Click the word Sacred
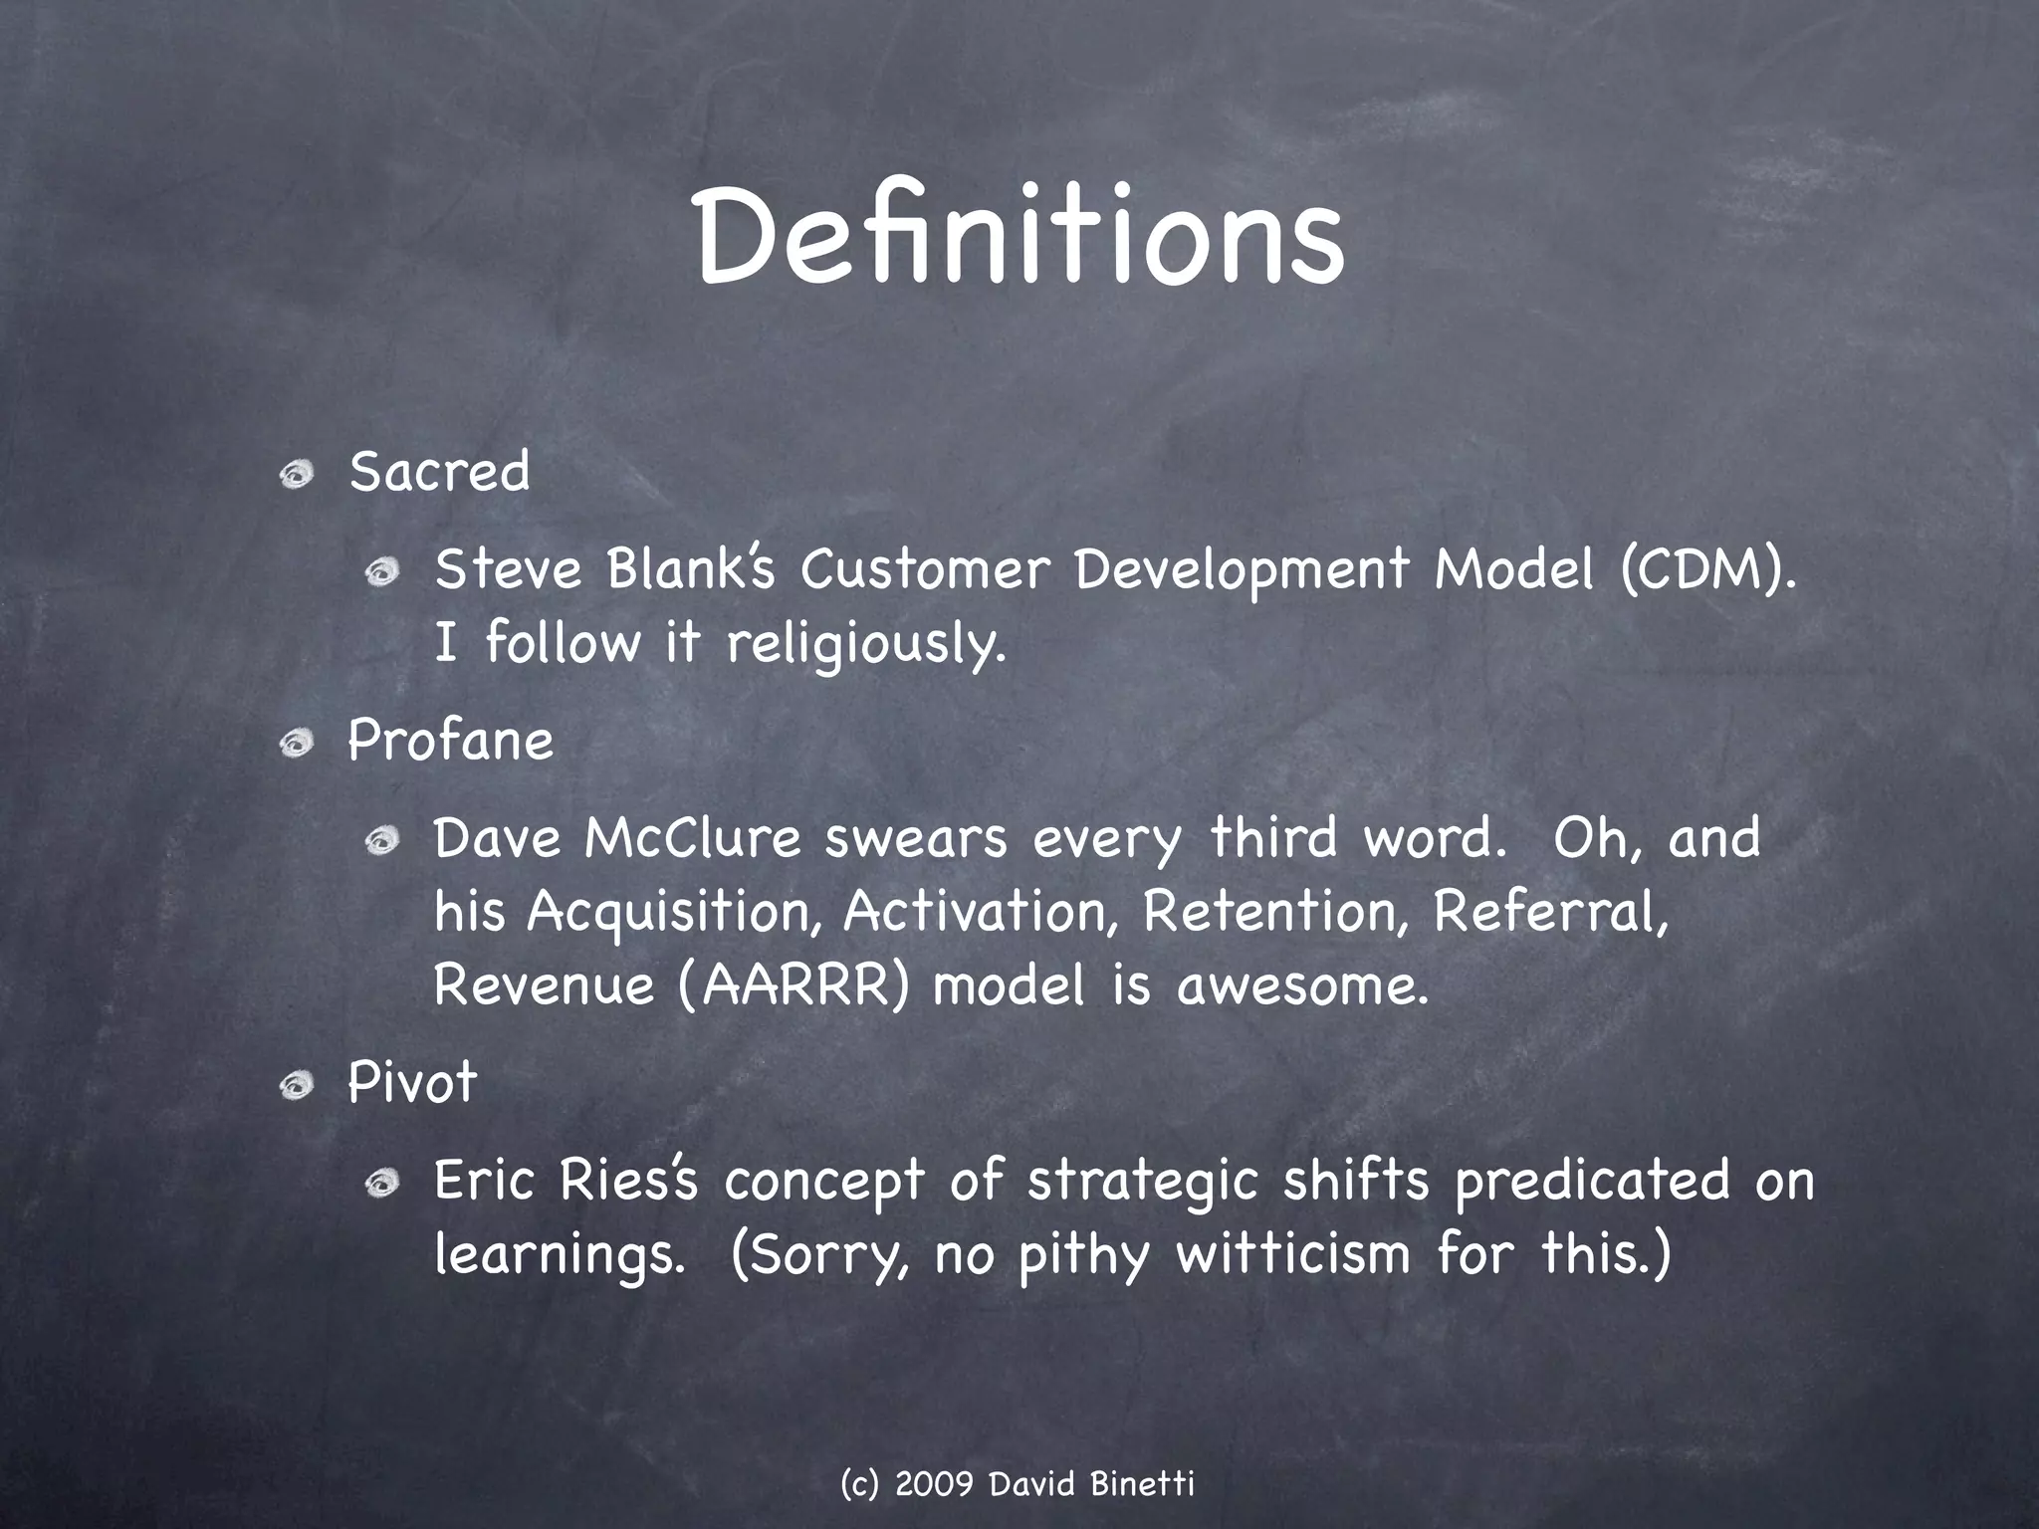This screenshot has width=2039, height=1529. tap(439, 472)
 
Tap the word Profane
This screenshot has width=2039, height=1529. tap(450, 742)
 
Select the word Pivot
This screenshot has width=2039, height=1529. tap(412, 1083)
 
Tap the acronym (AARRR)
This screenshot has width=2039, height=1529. tap(793, 986)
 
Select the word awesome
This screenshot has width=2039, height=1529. tap(1301, 986)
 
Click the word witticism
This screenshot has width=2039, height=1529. tap(1293, 1253)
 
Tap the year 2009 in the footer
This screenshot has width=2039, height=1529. tap(934, 1484)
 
